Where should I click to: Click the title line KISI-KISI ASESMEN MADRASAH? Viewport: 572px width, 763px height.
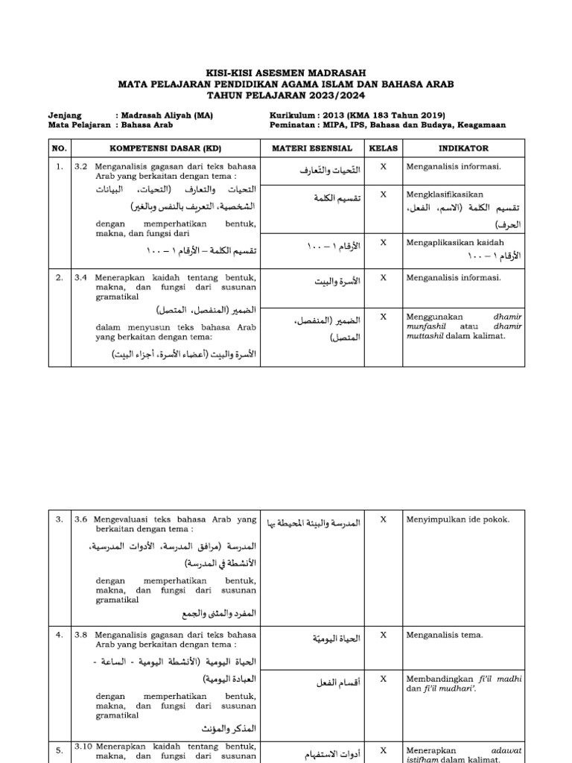(x=287, y=74)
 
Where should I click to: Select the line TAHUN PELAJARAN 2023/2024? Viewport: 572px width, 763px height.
(x=287, y=95)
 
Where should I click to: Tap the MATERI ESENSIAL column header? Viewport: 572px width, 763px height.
(x=320, y=148)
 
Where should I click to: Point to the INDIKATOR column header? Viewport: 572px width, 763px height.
(x=463, y=148)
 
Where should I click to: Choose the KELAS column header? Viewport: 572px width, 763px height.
(x=384, y=148)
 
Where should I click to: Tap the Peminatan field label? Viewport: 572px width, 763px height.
(x=293, y=125)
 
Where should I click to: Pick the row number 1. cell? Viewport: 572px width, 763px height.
(x=59, y=167)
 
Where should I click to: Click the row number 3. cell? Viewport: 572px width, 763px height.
(x=59, y=519)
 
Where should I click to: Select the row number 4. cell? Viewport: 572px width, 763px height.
(x=59, y=635)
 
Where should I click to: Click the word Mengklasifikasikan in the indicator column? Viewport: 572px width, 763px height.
(x=444, y=194)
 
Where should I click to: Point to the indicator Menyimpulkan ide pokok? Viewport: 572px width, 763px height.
(x=457, y=519)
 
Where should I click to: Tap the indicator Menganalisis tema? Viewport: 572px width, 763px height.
(x=444, y=635)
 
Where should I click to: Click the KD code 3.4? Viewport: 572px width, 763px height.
(x=81, y=277)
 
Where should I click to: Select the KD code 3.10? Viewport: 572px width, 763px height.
(x=83, y=745)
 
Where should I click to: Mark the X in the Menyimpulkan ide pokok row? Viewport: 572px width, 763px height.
(x=384, y=519)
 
